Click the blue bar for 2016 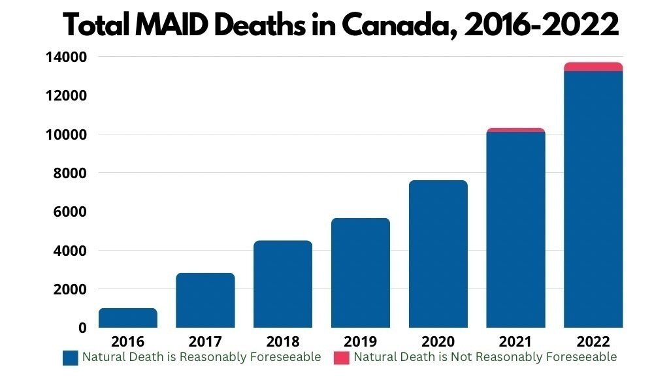coord(127,318)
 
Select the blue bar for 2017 coord(205,300)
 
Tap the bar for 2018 coord(283,284)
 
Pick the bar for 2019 coord(360,273)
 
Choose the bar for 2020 coord(438,254)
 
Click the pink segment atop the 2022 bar coord(593,67)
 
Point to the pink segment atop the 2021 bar coord(515,130)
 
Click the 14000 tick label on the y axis coord(66,57)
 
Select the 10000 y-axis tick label coord(66,134)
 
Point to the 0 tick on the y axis coord(81,328)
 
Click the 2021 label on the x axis coord(515,341)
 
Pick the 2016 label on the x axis coord(127,341)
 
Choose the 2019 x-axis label coord(360,341)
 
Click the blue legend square coord(71,358)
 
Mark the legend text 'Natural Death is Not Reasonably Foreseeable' coord(485,357)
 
